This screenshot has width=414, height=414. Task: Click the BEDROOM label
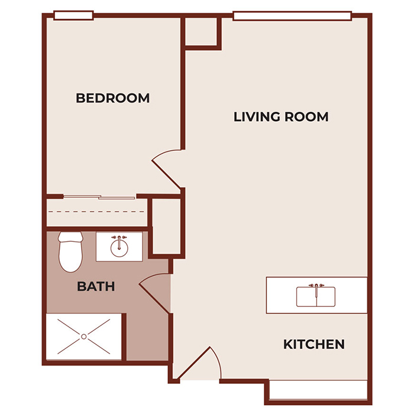tap(112, 98)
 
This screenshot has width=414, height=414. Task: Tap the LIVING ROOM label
tap(281, 117)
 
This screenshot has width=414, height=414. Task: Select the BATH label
tap(96, 287)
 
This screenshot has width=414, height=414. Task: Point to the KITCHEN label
tap(313, 344)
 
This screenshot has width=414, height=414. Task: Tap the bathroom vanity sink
tap(119, 245)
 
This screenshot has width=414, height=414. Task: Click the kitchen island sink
tap(316, 296)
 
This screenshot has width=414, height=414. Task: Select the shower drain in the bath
tap(84, 337)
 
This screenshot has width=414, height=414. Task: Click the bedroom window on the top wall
tap(73, 15)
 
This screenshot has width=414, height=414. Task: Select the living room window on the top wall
tap(293, 16)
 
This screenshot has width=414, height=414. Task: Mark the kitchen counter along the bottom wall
tap(319, 390)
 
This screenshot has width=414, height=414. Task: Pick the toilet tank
tap(70, 238)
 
